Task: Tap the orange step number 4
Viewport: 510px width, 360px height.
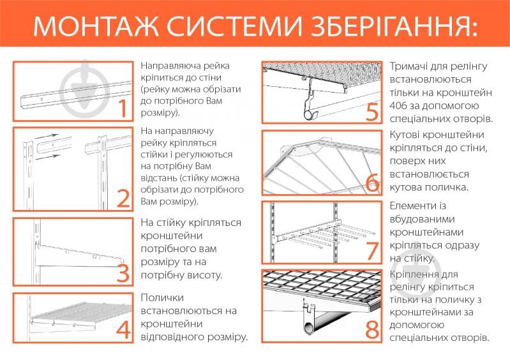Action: (x=121, y=329)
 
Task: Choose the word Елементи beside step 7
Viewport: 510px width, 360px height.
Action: (x=413, y=206)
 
